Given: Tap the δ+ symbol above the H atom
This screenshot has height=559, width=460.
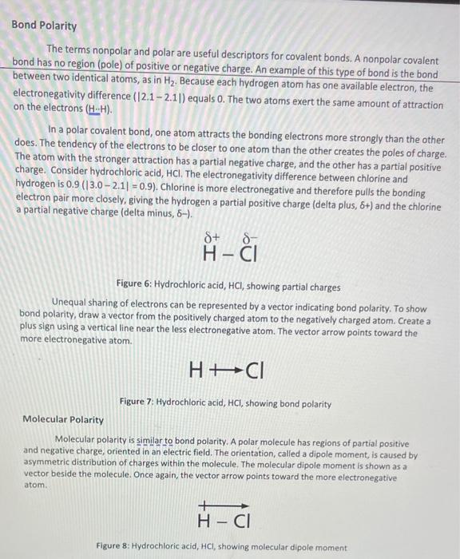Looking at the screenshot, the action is pyautogui.click(x=211, y=239).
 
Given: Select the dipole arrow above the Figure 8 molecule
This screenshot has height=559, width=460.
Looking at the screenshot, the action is pyautogui.click(x=223, y=505).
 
